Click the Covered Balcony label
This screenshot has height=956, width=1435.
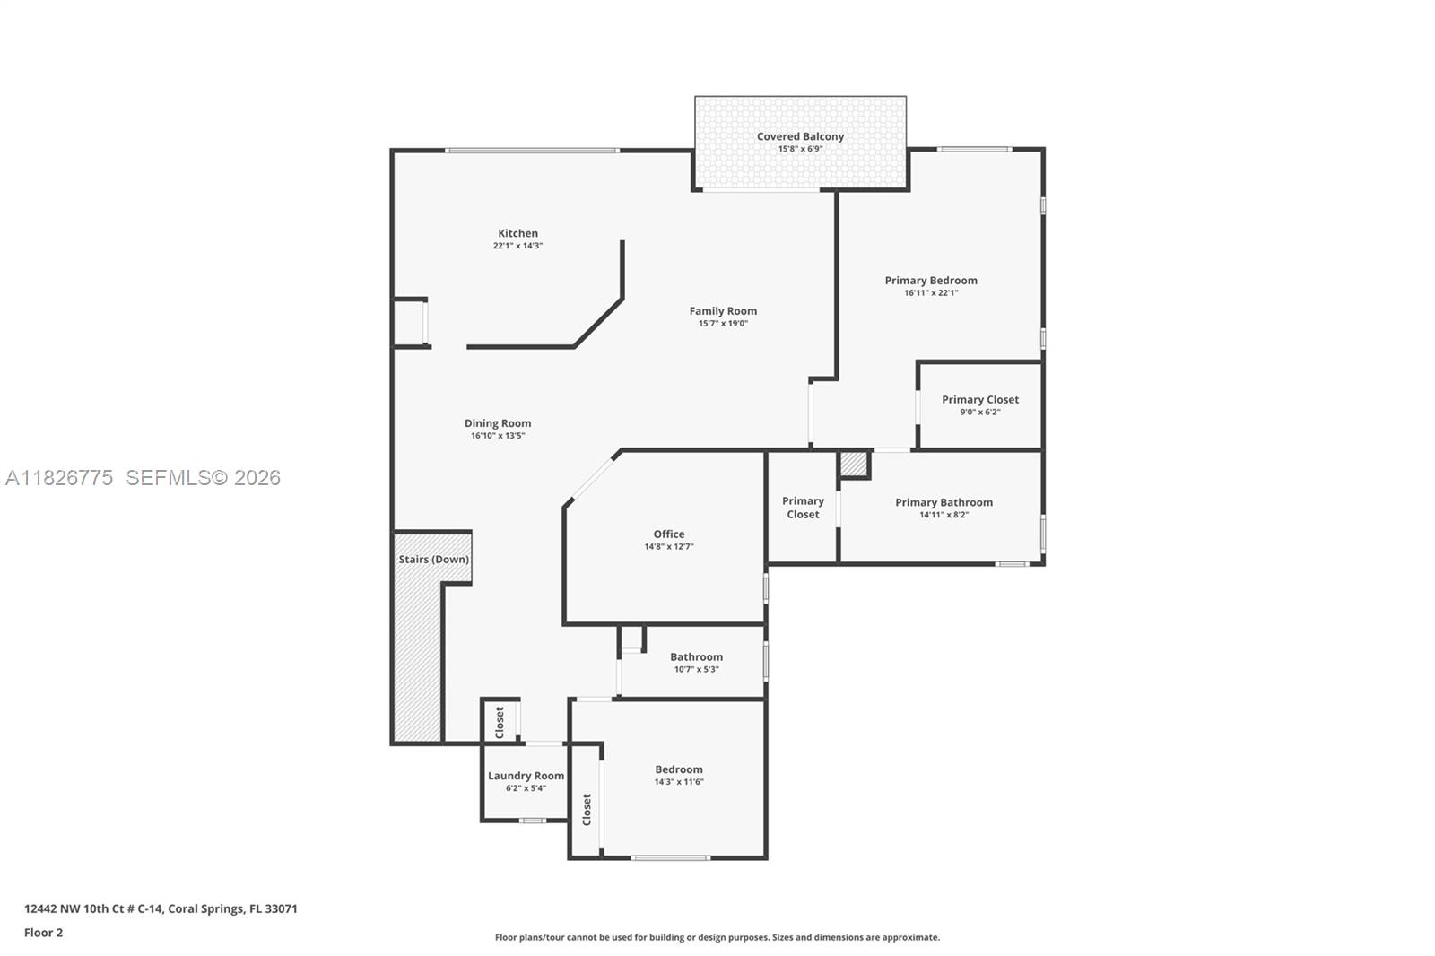(800, 136)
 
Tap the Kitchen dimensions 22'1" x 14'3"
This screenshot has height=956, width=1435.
(517, 246)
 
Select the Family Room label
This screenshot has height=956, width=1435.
(723, 311)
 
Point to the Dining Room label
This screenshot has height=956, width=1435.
(498, 423)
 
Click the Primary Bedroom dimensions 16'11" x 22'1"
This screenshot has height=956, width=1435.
(931, 292)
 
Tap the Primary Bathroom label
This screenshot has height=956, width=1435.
(944, 502)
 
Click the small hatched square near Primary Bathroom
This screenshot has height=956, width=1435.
(854, 465)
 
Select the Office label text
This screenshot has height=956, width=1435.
(669, 534)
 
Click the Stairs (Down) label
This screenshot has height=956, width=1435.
(434, 559)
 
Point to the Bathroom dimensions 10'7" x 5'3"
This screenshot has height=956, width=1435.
(696, 669)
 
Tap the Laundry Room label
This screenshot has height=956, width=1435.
(526, 776)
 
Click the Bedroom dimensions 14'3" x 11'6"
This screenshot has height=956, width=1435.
(679, 782)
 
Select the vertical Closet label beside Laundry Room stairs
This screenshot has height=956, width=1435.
(500, 722)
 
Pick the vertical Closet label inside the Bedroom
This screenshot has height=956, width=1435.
(587, 809)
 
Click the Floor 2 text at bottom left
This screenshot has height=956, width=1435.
(43, 933)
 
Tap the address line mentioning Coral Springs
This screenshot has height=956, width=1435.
(161, 908)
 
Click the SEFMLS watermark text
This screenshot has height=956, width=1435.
(203, 478)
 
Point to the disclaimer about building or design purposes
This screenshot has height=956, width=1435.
(717, 937)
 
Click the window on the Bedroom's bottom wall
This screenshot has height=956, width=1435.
(670, 858)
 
